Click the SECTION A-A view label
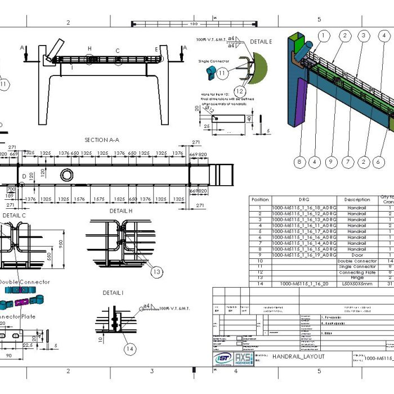(101, 140)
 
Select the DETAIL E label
(261, 42)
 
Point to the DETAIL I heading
(114, 293)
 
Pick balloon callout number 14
(130, 349)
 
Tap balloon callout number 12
(239, 91)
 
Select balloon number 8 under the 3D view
(299, 163)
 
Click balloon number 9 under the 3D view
(332, 163)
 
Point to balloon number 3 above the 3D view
(364, 35)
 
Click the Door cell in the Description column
(357, 255)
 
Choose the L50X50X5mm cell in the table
(357, 284)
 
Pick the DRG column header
(305, 200)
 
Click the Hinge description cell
(357, 278)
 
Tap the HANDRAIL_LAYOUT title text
(298, 356)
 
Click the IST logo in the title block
(222, 359)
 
